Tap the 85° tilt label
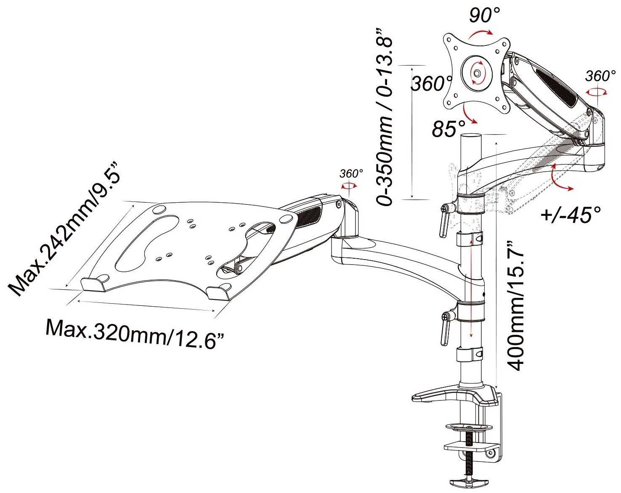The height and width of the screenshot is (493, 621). click(x=448, y=129)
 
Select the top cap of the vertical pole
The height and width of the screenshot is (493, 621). click(x=472, y=136)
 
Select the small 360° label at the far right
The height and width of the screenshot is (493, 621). click(x=597, y=76)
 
